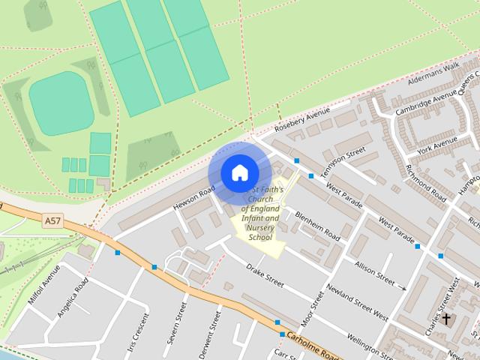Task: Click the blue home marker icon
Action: click(238, 173)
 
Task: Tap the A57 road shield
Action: click(52, 221)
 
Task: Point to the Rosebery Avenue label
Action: click(302, 118)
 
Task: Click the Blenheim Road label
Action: click(317, 226)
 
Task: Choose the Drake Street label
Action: click(265, 275)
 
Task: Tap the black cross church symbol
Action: click(447, 319)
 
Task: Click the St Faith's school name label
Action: click(259, 214)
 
